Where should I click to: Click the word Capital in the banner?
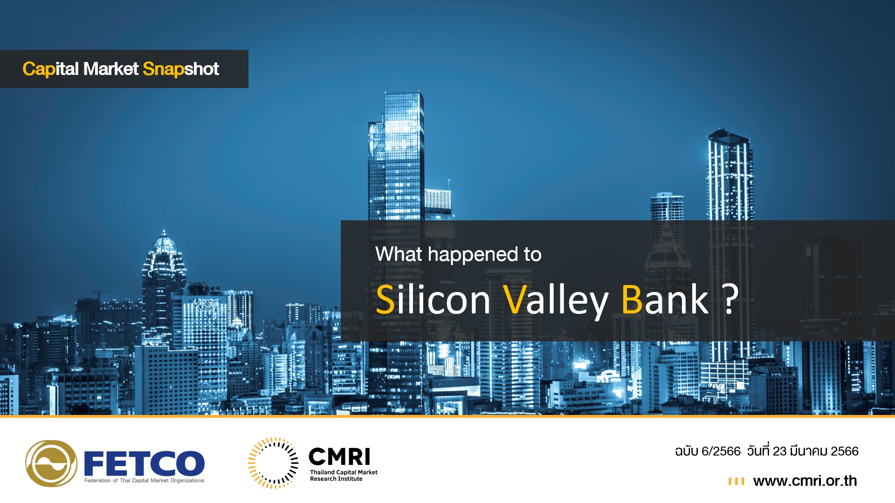tap(50, 69)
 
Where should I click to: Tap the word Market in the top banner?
tap(111, 68)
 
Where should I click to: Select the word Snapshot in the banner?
tap(181, 69)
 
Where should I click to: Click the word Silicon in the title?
tap(433, 299)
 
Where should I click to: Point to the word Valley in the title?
tap(556, 300)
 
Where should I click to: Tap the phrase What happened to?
tap(458, 254)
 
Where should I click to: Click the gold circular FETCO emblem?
tap(51, 463)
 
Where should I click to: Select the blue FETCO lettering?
tap(144, 463)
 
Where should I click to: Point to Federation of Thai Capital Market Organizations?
tap(144, 480)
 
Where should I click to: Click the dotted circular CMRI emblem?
tap(273, 463)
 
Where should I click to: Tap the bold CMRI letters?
tap(339, 457)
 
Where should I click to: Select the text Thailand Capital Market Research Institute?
tap(344, 476)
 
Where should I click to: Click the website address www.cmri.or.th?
tap(805, 481)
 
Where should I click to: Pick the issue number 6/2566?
tap(721, 451)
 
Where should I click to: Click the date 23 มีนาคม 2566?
tap(815, 451)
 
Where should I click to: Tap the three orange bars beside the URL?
tap(736, 481)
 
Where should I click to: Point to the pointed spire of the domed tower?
tap(164, 222)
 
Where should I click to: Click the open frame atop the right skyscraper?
tap(728, 136)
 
